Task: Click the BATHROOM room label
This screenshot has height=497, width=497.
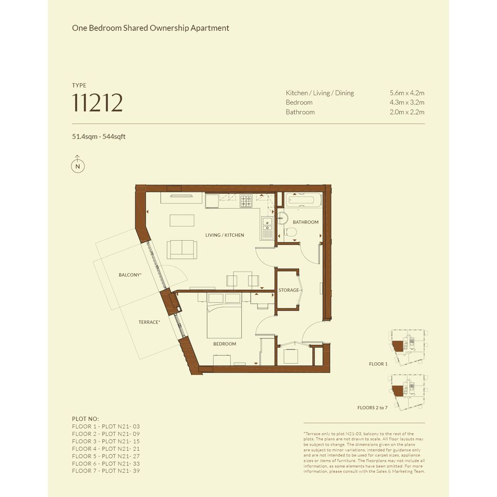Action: pos(306,222)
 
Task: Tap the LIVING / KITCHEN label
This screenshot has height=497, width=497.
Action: pos(225,235)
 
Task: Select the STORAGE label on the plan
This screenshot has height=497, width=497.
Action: pos(288,290)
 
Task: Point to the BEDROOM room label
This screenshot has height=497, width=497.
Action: pos(225,344)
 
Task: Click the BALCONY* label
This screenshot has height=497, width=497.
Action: pos(130,275)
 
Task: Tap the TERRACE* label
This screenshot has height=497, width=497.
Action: pos(149,322)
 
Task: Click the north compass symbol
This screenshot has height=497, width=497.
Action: pos(78,164)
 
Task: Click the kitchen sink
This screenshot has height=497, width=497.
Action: pos(267,228)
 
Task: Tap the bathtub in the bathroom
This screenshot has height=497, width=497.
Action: pos(303,200)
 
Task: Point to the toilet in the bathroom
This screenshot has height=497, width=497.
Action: pos(290,232)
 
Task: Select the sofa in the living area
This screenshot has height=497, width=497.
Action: pos(182,249)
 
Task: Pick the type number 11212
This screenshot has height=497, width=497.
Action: pos(97,103)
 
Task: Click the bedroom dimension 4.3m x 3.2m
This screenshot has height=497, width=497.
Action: pos(407,103)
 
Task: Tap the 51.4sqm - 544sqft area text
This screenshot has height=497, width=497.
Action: pos(98,137)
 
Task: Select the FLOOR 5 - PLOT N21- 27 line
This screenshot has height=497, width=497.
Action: pos(106,456)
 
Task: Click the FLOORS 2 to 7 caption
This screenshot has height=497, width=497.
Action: pos(372,408)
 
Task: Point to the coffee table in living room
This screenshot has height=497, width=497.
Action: pos(182,220)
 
